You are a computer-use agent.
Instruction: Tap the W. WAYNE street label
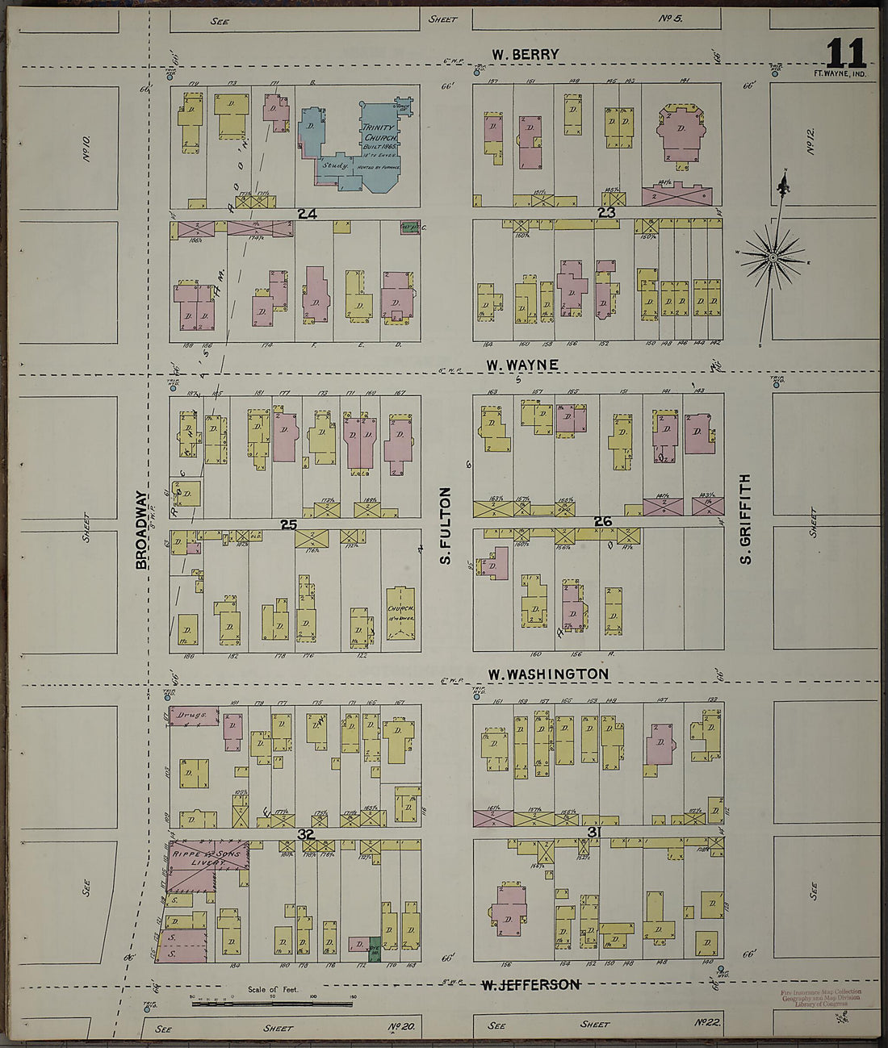tap(522, 365)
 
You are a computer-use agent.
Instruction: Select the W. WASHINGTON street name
tap(548, 674)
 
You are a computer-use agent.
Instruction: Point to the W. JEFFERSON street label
tap(530, 985)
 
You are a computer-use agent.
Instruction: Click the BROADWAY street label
tap(142, 530)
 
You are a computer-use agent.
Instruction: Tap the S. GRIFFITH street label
tap(745, 518)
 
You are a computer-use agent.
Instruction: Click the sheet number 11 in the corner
tap(845, 54)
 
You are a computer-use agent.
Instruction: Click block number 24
tap(306, 214)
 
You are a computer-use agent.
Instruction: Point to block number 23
tap(606, 213)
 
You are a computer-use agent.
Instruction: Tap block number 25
tap(288, 524)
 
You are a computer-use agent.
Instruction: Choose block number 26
tap(602, 522)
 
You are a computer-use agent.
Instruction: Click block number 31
tap(595, 832)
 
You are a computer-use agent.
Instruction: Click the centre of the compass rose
tap(772, 257)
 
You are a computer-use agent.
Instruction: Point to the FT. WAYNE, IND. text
tap(840, 74)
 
